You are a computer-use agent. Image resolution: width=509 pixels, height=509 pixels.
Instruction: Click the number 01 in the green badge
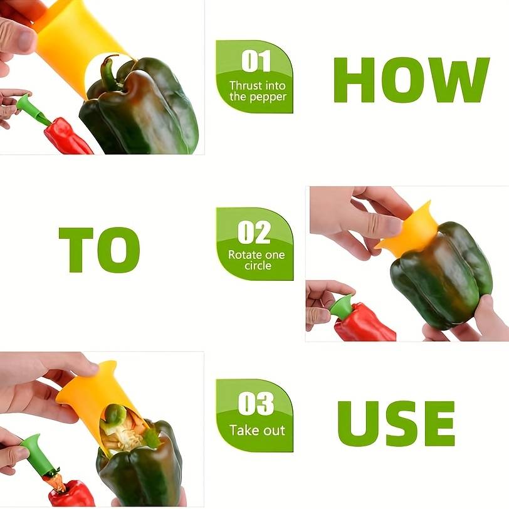(x=256, y=61)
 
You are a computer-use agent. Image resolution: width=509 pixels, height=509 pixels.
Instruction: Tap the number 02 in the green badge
(x=255, y=233)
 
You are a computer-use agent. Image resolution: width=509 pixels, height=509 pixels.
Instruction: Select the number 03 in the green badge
(x=256, y=404)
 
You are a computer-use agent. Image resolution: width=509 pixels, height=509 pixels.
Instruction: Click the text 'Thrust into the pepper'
(x=257, y=91)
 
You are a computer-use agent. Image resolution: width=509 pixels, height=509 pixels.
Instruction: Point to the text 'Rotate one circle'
(x=256, y=260)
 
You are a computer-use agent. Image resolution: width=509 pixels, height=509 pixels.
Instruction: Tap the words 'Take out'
(x=257, y=431)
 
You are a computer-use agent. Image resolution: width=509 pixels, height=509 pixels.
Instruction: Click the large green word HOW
(x=411, y=80)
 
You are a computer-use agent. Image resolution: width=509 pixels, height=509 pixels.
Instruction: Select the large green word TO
(x=99, y=249)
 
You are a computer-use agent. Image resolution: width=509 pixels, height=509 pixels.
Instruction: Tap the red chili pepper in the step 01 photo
(x=67, y=137)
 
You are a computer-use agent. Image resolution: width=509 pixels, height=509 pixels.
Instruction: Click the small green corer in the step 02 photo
(x=342, y=307)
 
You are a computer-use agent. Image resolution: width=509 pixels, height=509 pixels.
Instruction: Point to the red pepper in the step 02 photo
(x=367, y=325)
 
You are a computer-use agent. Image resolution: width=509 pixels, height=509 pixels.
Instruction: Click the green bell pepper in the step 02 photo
(x=439, y=279)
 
